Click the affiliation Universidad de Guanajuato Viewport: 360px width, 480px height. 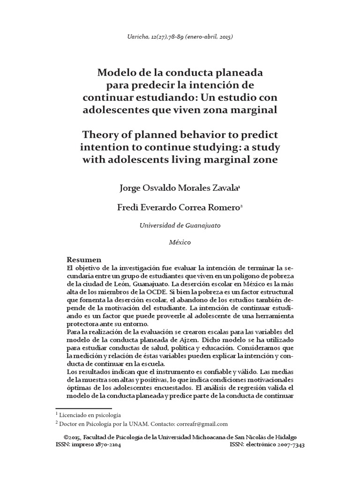(x=180, y=225)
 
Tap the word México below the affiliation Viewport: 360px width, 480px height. (x=180, y=242)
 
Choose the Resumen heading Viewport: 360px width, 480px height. (x=84, y=260)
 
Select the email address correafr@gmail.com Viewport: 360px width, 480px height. (x=202, y=424)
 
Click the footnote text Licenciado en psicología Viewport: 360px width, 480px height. (x=90, y=415)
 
